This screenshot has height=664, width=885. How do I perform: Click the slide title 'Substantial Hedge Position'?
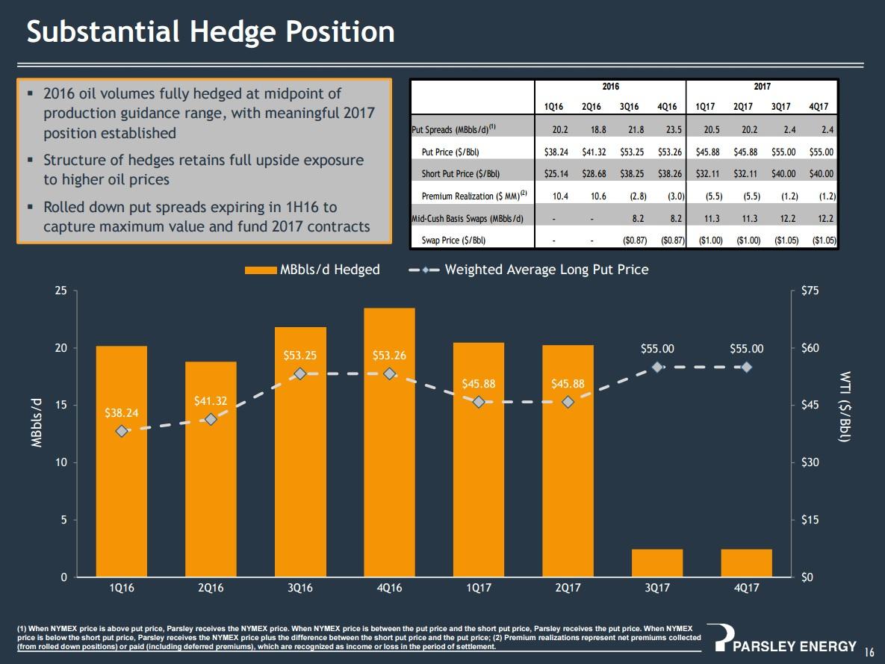(x=211, y=32)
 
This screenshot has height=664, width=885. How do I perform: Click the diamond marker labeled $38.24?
(x=122, y=431)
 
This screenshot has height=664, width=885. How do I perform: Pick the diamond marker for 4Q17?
(x=746, y=367)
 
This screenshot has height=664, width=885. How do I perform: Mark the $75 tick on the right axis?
(x=805, y=291)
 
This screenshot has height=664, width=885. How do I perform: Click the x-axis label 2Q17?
(x=568, y=589)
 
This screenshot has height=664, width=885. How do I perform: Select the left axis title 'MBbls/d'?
(x=35, y=422)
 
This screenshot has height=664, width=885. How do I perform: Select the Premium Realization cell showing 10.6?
(x=595, y=196)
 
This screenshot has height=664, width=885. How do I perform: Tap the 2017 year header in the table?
(x=762, y=87)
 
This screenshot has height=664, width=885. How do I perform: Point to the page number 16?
(x=869, y=650)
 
